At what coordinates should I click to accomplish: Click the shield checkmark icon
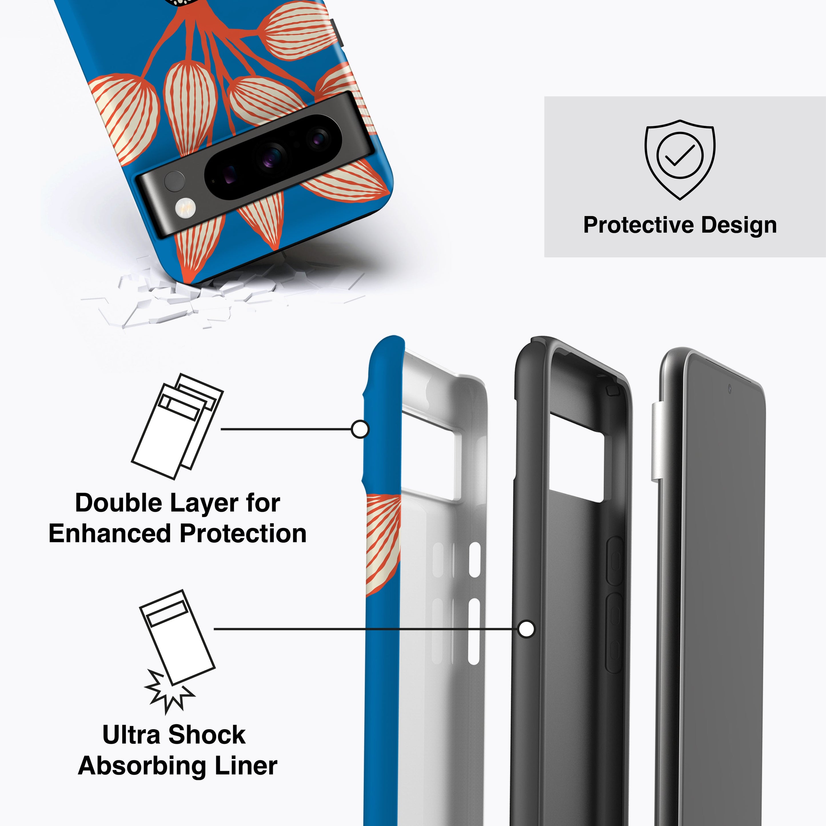pos(680,159)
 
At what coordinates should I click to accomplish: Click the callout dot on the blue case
pos(360,429)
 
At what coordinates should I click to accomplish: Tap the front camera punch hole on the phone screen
pos(729,389)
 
